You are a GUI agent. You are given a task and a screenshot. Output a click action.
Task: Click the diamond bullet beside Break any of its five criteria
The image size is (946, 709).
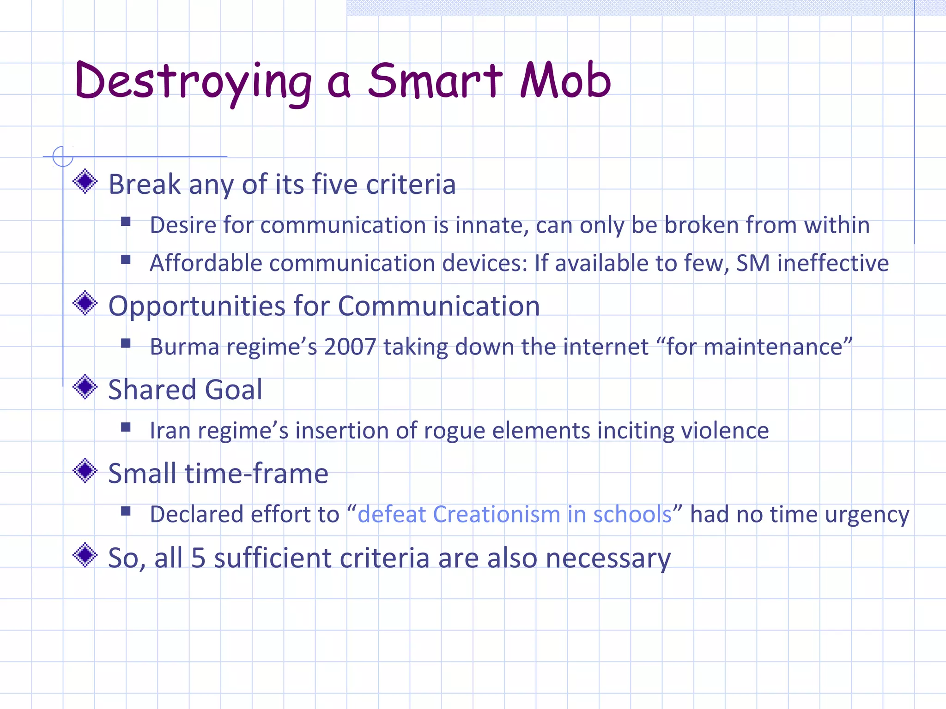[x=85, y=182]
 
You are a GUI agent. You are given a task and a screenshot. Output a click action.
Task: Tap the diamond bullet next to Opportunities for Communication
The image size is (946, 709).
[x=85, y=303]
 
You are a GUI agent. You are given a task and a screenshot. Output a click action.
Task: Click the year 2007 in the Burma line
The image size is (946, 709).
[x=350, y=347]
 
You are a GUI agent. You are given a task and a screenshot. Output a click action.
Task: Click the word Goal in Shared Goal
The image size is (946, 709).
[x=233, y=390]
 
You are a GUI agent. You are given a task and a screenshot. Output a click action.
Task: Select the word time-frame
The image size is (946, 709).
[x=256, y=474]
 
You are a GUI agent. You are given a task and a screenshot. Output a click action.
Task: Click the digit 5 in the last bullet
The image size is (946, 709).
[x=198, y=558]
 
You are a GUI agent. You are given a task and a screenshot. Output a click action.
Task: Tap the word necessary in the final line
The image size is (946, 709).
[x=608, y=559]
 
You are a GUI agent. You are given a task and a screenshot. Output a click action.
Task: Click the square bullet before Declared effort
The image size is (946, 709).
[x=126, y=511]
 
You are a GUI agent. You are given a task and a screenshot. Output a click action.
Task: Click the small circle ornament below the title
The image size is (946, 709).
[x=63, y=156]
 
